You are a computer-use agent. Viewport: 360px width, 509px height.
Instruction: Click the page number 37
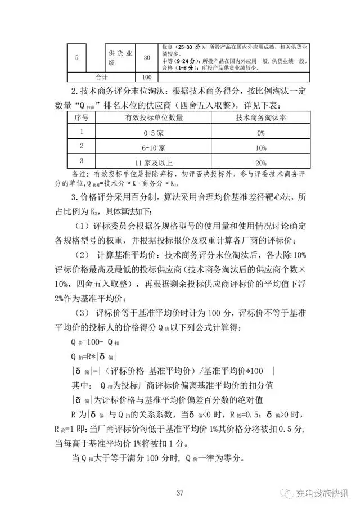(179, 493)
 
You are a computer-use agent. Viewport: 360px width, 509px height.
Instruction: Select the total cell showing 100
(146, 77)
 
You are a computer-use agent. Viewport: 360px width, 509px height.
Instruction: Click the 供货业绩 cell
(120, 57)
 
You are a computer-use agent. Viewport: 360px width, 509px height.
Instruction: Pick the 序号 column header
(82, 118)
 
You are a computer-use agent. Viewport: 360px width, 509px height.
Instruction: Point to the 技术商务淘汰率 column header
(260, 118)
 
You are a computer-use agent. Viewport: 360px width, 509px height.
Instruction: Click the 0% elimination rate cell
(260, 133)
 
